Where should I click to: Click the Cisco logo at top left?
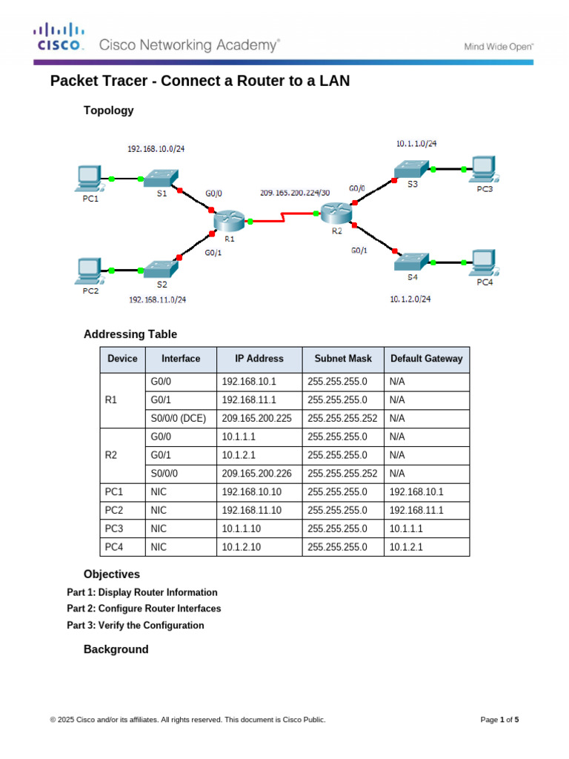[x=59, y=36]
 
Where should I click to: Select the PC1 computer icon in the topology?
[x=89, y=178]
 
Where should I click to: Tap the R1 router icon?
[x=228, y=220]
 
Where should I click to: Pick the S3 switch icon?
[x=412, y=170]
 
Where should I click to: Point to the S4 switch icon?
[x=412, y=261]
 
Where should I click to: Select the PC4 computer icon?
[x=483, y=261]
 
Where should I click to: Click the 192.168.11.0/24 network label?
[x=157, y=299]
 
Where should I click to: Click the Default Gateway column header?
[x=426, y=359]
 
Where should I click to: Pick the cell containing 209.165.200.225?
[x=256, y=418]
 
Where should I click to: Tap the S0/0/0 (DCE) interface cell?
[x=178, y=418]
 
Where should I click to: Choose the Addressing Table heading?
[x=130, y=334]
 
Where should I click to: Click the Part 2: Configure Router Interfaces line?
[x=144, y=609]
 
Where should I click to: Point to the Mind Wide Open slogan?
[x=499, y=46]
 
